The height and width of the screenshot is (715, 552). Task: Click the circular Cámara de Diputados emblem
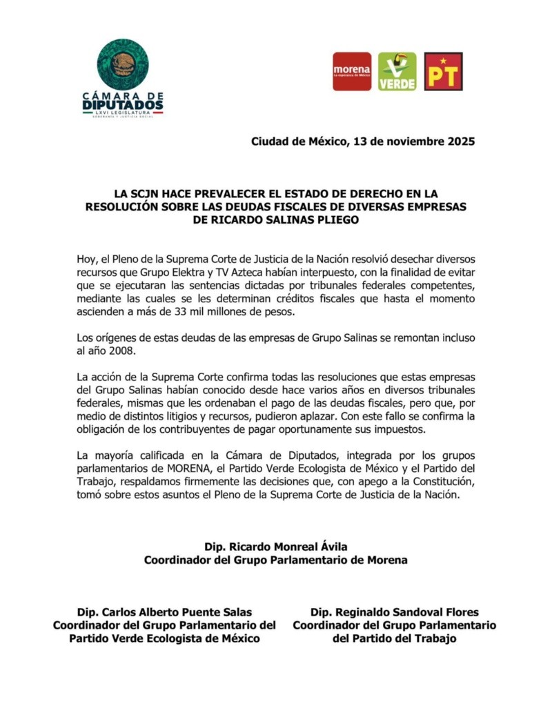click(x=123, y=64)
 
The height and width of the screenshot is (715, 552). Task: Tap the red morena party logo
click(x=352, y=72)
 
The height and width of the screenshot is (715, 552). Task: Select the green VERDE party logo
click(x=397, y=72)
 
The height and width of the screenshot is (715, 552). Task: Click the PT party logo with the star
click(x=443, y=72)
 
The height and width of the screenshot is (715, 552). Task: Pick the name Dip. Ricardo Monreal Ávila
click(x=275, y=547)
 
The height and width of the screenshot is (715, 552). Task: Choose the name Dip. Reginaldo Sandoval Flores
click(x=395, y=612)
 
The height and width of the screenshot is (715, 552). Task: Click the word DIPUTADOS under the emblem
click(x=123, y=105)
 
